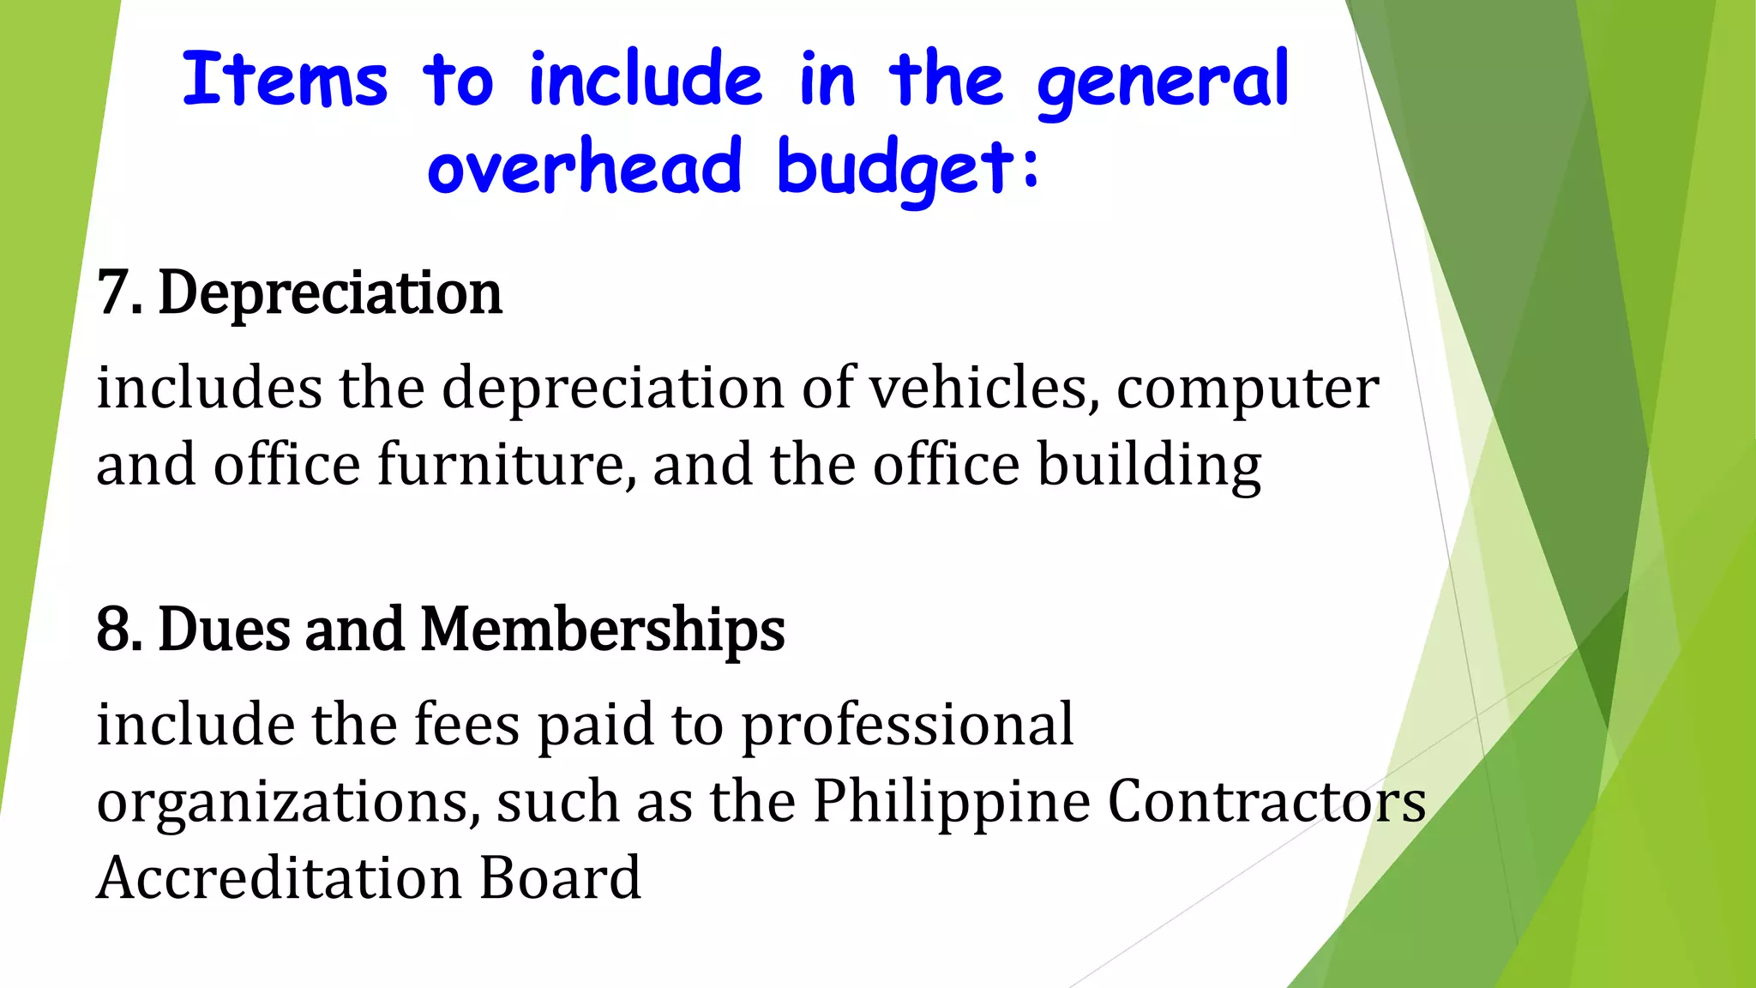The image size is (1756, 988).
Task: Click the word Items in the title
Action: click(285, 80)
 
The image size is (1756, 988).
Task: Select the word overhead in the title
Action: click(584, 167)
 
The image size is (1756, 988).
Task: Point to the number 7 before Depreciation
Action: click(113, 293)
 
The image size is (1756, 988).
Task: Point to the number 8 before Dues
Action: click(113, 630)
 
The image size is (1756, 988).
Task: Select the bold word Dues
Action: click(225, 630)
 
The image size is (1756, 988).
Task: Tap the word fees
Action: click(466, 725)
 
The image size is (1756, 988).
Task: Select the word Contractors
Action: click(1266, 802)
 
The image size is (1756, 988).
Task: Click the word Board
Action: click(560, 877)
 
